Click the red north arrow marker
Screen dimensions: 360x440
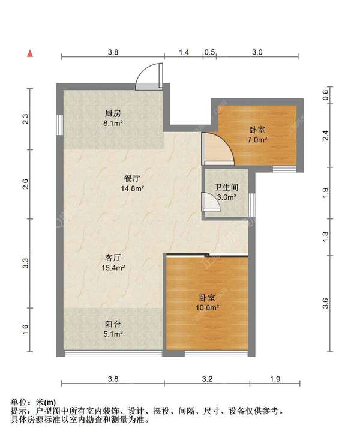[x=30, y=53]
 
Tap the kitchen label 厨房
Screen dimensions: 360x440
[x=113, y=113]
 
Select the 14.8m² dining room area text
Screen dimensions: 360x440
[x=133, y=188]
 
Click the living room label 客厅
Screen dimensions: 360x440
[x=113, y=258]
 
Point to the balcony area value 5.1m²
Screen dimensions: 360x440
[x=113, y=334]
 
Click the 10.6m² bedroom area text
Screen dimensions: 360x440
[x=208, y=307]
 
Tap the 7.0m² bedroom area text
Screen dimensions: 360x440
[x=257, y=139]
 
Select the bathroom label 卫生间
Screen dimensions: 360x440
[x=226, y=187]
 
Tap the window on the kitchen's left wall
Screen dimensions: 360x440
[x=59, y=125]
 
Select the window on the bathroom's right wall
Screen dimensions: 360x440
[x=252, y=205]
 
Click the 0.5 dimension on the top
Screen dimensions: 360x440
[x=209, y=52]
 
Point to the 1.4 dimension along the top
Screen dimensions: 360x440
[x=184, y=52]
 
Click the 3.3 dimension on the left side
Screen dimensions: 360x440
[x=26, y=263]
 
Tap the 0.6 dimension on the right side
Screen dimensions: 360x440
[x=325, y=95]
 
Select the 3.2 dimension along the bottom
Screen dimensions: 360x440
[x=207, y=379]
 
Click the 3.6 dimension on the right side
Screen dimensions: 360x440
[x=325, y=303]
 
